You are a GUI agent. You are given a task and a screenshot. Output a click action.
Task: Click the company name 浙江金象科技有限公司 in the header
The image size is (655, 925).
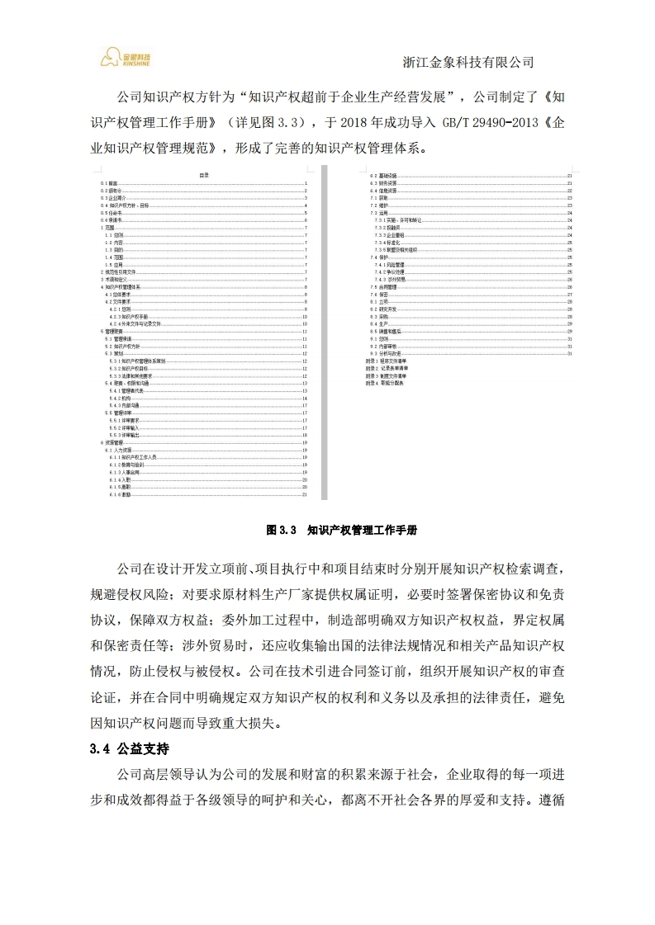[x=468, y=62]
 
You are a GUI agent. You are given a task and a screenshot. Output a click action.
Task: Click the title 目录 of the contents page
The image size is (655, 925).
[x=204, y=175]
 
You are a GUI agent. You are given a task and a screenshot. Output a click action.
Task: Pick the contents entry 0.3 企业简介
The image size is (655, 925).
[x=114, y=199]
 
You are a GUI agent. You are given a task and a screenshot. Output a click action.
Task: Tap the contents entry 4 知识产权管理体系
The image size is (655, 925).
[x=121, y=287]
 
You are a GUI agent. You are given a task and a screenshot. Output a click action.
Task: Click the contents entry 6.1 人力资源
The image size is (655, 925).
[x=118, y=450]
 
